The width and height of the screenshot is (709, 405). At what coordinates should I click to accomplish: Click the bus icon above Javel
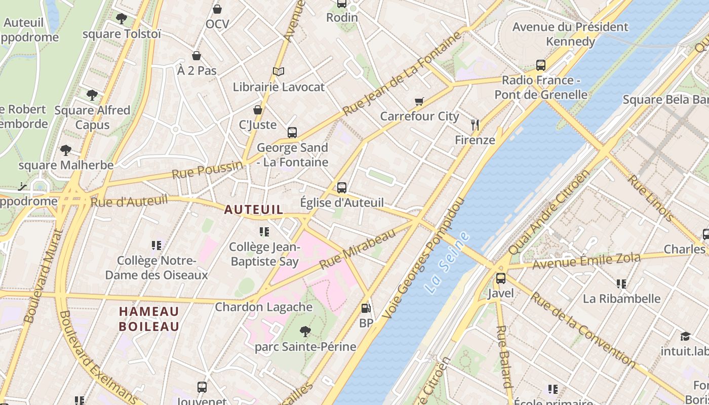[x=501, y=278]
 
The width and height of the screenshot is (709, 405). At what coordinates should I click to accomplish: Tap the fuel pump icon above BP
[x=366, y=308]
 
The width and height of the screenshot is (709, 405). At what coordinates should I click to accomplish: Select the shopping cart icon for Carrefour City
[x=419, y=102]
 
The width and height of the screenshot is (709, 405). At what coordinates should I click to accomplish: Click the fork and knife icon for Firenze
[x=475, y=125]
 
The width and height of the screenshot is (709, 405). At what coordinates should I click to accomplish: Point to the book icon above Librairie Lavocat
[x=278, y=72]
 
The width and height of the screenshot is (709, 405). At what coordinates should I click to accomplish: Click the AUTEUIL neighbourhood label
[x=254, y=209]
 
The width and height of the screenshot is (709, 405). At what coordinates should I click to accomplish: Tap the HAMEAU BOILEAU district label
[x=149, y=319]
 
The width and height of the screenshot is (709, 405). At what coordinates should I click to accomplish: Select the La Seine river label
[x=447, y=263]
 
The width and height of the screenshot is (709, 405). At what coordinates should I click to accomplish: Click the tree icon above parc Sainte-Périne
[x=305, y=332]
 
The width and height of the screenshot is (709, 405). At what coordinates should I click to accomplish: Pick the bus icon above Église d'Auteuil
[x=342, y=188]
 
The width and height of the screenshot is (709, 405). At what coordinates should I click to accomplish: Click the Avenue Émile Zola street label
[x=586, y=261]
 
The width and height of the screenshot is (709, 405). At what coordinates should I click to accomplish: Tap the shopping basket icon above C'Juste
[x=258, y=110]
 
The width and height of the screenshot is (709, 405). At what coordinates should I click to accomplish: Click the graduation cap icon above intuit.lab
[x=685, y=336]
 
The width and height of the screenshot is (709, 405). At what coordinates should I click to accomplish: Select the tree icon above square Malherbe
[x=65, y=150]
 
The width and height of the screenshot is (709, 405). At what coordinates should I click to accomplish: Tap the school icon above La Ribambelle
[x=621, y=284]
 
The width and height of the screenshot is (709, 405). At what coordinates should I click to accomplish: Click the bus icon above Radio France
[x=541, y=65]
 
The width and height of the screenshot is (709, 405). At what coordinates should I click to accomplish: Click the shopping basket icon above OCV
[x=217, y=9]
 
